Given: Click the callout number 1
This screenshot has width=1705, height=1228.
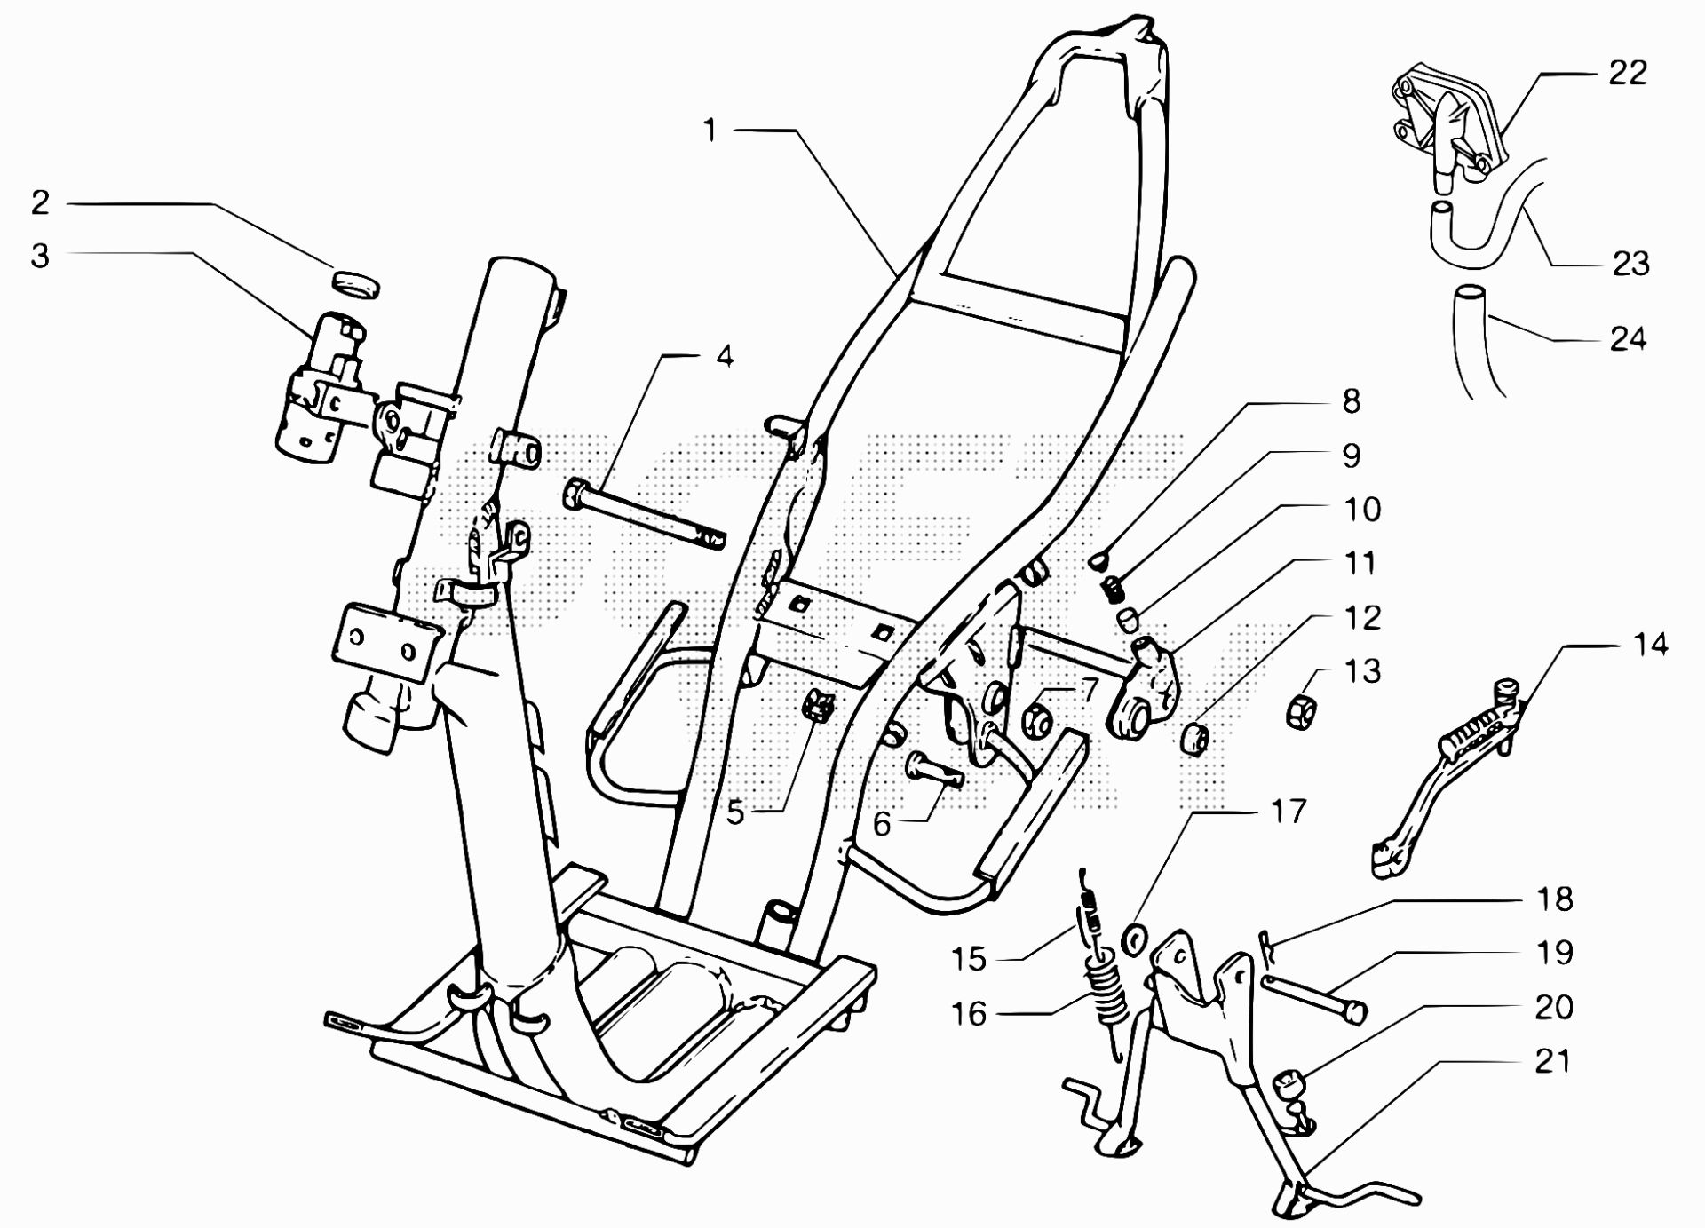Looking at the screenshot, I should [x=709, y=131].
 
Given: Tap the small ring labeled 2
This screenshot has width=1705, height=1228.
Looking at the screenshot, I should [x=355, y=281].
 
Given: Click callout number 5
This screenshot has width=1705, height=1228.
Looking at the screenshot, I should [x=735, y=812].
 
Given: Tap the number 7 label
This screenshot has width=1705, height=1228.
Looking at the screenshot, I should [x=1089, y=688].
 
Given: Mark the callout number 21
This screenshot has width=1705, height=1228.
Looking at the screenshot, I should [x=1551, y=1060].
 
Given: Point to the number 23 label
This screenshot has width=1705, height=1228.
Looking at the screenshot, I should [x=1630, y=264].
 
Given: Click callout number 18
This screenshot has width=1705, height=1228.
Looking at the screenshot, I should [x=1554, y=899].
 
